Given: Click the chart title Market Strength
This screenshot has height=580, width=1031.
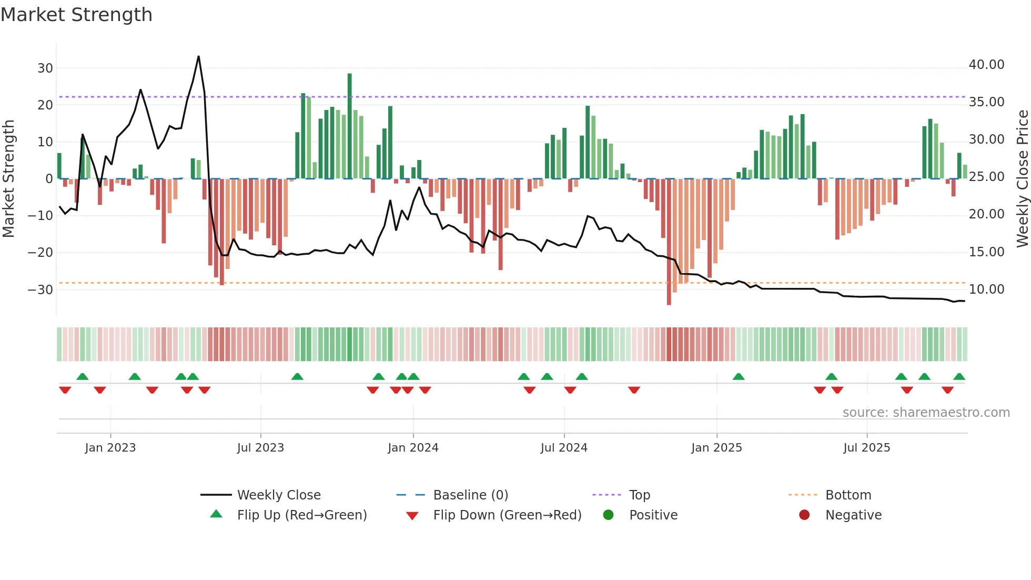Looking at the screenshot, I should pos(76,15).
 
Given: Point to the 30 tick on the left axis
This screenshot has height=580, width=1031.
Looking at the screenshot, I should pos(45,68).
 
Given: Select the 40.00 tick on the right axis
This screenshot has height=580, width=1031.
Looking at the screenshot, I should pos(986,65).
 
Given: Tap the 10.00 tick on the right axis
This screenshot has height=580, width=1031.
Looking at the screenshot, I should pos(986,289).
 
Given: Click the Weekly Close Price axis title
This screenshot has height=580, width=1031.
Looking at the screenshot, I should pos(1022,178).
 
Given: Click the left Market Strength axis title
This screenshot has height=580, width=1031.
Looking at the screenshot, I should pos(9,178).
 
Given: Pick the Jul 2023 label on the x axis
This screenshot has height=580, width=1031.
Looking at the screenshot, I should pos(260,448).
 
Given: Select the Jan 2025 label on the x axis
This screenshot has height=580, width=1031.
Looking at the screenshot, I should pos(716,448).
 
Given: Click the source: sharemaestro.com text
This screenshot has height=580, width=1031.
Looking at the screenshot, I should pos(926,413).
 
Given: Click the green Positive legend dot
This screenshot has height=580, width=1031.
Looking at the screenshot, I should pos(609,515).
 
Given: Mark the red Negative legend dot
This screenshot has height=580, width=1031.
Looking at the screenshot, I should pos(804,515).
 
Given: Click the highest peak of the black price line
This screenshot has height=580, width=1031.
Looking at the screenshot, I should pos(199,56).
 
